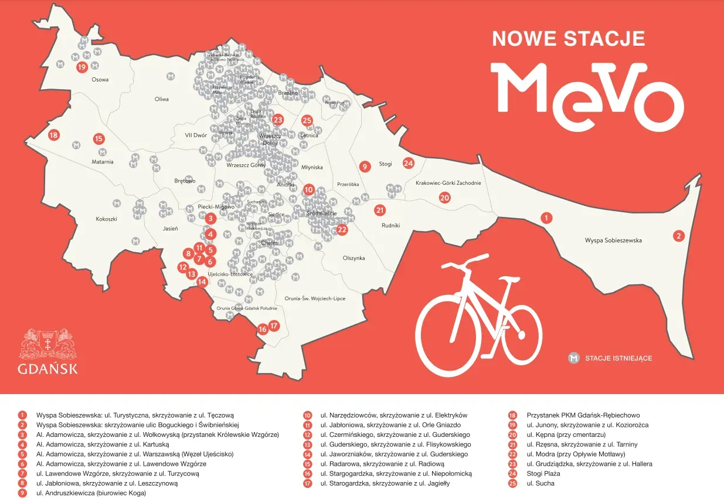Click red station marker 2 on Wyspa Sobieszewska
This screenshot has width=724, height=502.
[x=679, y=236]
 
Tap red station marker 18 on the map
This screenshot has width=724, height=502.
[x=54, y=135]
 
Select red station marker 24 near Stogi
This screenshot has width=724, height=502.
[x=409, y=164]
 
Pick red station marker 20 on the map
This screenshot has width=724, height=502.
[x=444, y=198]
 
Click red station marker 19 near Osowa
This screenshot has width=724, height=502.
[x=82, y=67]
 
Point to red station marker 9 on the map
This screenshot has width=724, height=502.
[x=364, y=167]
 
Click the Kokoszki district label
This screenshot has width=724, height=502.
[x=107, y=219]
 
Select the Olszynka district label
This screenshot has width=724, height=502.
[x=353, y=258]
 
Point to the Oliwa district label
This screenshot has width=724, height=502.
[x=161, y=99]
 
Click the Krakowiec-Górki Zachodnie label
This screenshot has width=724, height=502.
[x=448, y=183]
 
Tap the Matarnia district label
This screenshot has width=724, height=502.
[x=102, y=162]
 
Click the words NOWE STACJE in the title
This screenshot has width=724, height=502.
[x=568, y=39]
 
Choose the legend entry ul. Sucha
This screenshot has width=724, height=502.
[x=540, y=483]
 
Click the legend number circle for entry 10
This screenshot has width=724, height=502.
[x=307, y=415]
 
